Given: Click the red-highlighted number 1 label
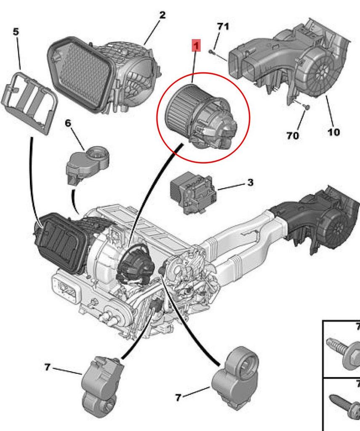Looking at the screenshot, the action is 196,45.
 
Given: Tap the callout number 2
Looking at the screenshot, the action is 162,15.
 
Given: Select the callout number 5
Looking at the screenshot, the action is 16,32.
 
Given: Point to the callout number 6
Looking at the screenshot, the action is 68,123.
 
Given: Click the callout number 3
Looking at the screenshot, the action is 250,182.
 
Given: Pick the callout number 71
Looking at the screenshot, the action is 223,27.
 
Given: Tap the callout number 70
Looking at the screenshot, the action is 293,135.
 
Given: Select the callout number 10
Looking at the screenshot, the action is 333,132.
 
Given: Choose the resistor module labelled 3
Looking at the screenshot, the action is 193,193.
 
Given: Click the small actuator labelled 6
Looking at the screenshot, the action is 88,164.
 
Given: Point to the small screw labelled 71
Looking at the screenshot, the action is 211,52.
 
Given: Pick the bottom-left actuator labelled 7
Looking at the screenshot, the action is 102,379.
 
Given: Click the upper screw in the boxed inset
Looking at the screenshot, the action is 344,352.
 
